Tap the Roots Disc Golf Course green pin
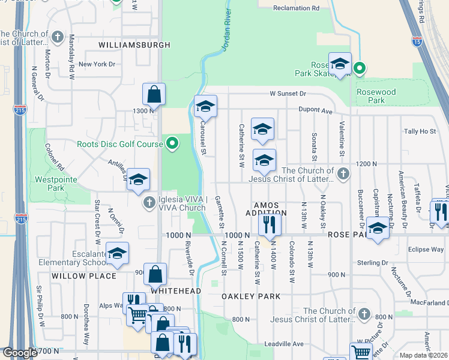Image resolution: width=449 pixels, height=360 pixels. click(172, 143)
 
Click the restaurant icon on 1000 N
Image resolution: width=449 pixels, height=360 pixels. click(268, 224)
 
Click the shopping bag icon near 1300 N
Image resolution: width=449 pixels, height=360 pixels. click(154, 94)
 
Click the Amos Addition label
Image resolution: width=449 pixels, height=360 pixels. click(266, 209)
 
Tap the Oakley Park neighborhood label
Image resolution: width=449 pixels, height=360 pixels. click(251, 296)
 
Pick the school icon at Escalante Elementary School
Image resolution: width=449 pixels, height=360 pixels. click(117, 253)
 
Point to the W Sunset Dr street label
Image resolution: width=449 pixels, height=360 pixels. click(288, 94)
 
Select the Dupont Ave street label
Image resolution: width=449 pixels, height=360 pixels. click(318, 111)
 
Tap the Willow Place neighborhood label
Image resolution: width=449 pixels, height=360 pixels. click(83, 276)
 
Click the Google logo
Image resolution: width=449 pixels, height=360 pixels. click(20, 353)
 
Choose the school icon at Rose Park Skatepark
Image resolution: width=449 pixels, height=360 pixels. click(340, 64)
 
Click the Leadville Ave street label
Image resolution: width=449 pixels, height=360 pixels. click(285, 344)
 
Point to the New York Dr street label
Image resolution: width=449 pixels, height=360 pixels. click(96, 64)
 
